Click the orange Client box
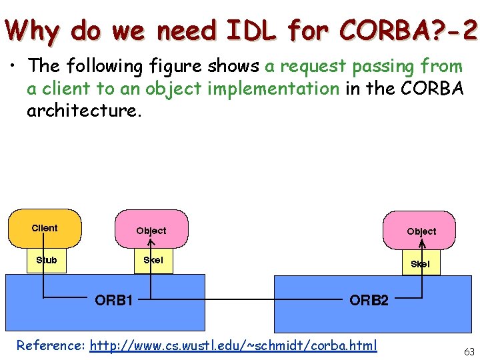pos(45,228)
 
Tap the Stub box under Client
pos(46,260)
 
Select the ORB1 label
pos(114,300)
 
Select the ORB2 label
pos(369,300)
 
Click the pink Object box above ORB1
pos(151,230)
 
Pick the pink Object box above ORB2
pos(421,231)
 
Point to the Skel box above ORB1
pos(153,260)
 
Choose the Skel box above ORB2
pos(420,263)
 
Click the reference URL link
pos(233,345)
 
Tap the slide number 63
pos(469,351)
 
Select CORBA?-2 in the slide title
pos(408,29)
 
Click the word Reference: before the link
pos(51,345)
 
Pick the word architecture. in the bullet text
pos(84,110)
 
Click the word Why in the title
pos(33,29)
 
